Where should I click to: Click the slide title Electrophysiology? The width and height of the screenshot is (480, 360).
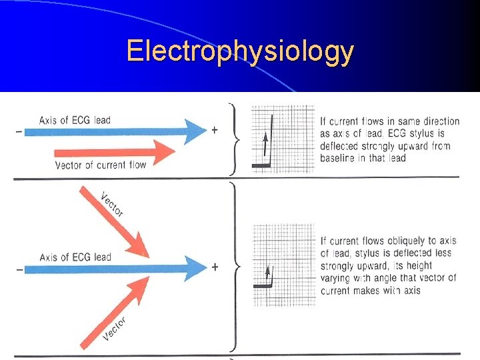[240, 51]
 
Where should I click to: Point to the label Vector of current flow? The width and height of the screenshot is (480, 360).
[101, 165]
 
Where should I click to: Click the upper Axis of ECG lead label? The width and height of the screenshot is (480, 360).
[75, 120]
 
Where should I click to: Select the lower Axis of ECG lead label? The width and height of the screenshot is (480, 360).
[75, 257]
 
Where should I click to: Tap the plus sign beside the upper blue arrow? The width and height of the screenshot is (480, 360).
[215, 130]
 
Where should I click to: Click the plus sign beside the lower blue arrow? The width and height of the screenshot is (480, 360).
[215, 267]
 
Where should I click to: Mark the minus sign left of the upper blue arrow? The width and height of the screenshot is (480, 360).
[18, 131]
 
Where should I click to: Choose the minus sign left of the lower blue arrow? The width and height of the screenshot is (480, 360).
[18, 269]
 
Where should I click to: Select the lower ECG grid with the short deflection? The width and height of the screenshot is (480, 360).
[283, 265]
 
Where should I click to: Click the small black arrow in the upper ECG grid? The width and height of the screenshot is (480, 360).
[265, 145]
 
